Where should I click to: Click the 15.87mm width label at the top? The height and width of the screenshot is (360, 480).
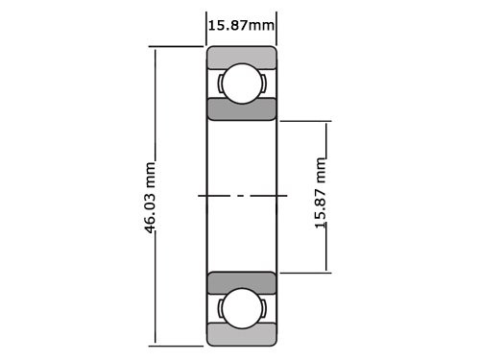pyautogui.click(x=241, y=24)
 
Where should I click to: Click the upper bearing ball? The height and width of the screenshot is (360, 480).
pyautogui.click(x=241, y=84)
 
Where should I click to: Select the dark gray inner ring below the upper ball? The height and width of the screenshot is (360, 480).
pyautogui.click(x=241, y=108)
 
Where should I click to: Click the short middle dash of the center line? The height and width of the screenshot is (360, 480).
pyautogui.click(x=241, y=196)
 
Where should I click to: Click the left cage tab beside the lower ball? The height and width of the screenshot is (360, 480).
pyautogui.click(x=221, y=308)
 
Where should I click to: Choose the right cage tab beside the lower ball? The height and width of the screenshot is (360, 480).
pyautogui.click(x=262, y=308)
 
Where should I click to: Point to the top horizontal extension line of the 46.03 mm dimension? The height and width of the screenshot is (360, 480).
pyautogui.click(x=178, y=47)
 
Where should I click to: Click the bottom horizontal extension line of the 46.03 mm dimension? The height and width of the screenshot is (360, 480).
pyautogui.click(x=178, y=344)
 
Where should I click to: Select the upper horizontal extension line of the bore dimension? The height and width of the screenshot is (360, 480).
pyautogui.click(x=302, y=121)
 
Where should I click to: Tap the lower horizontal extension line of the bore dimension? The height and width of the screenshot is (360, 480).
pyautogui.click(x=302, y=272)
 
